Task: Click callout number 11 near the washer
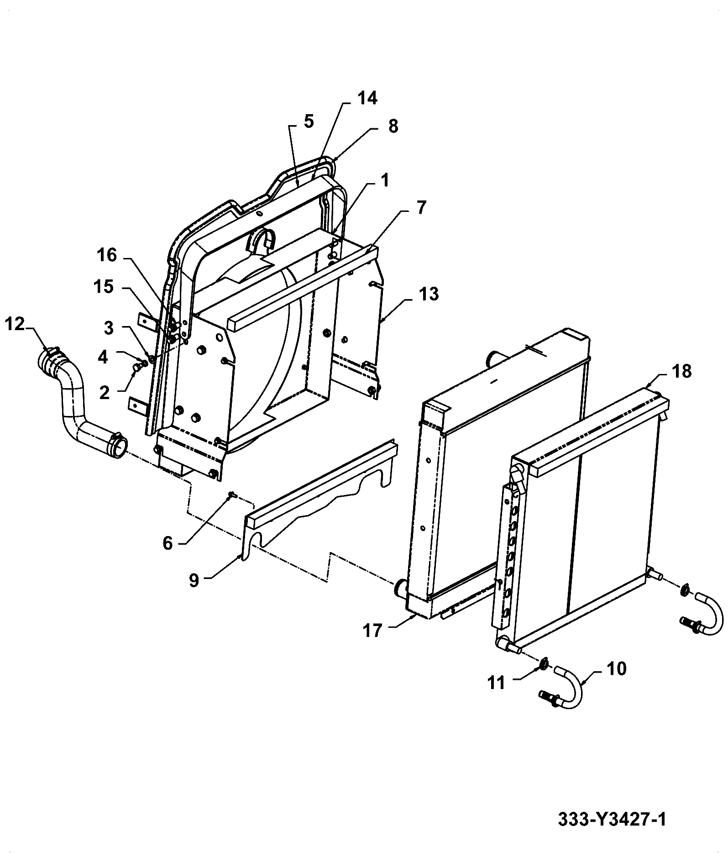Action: pyautogui.click(x=496, y=683)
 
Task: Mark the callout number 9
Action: pyautogui.click(x=194, y=581)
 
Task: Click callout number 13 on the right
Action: pyautogui.click(x=429, y=294)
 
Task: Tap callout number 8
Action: pyautogui.click(x=393, y=126)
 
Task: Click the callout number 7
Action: pyautogui.click(x=421, y=208)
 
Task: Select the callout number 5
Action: pyautogui.click(x=309, y=122)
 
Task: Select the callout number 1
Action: pyautogui.click(x=384, y=181)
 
